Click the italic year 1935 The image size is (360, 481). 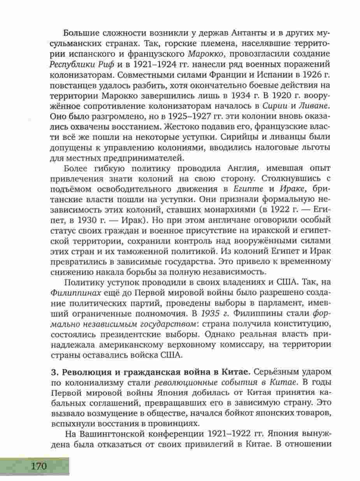click(x=212, y=313)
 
